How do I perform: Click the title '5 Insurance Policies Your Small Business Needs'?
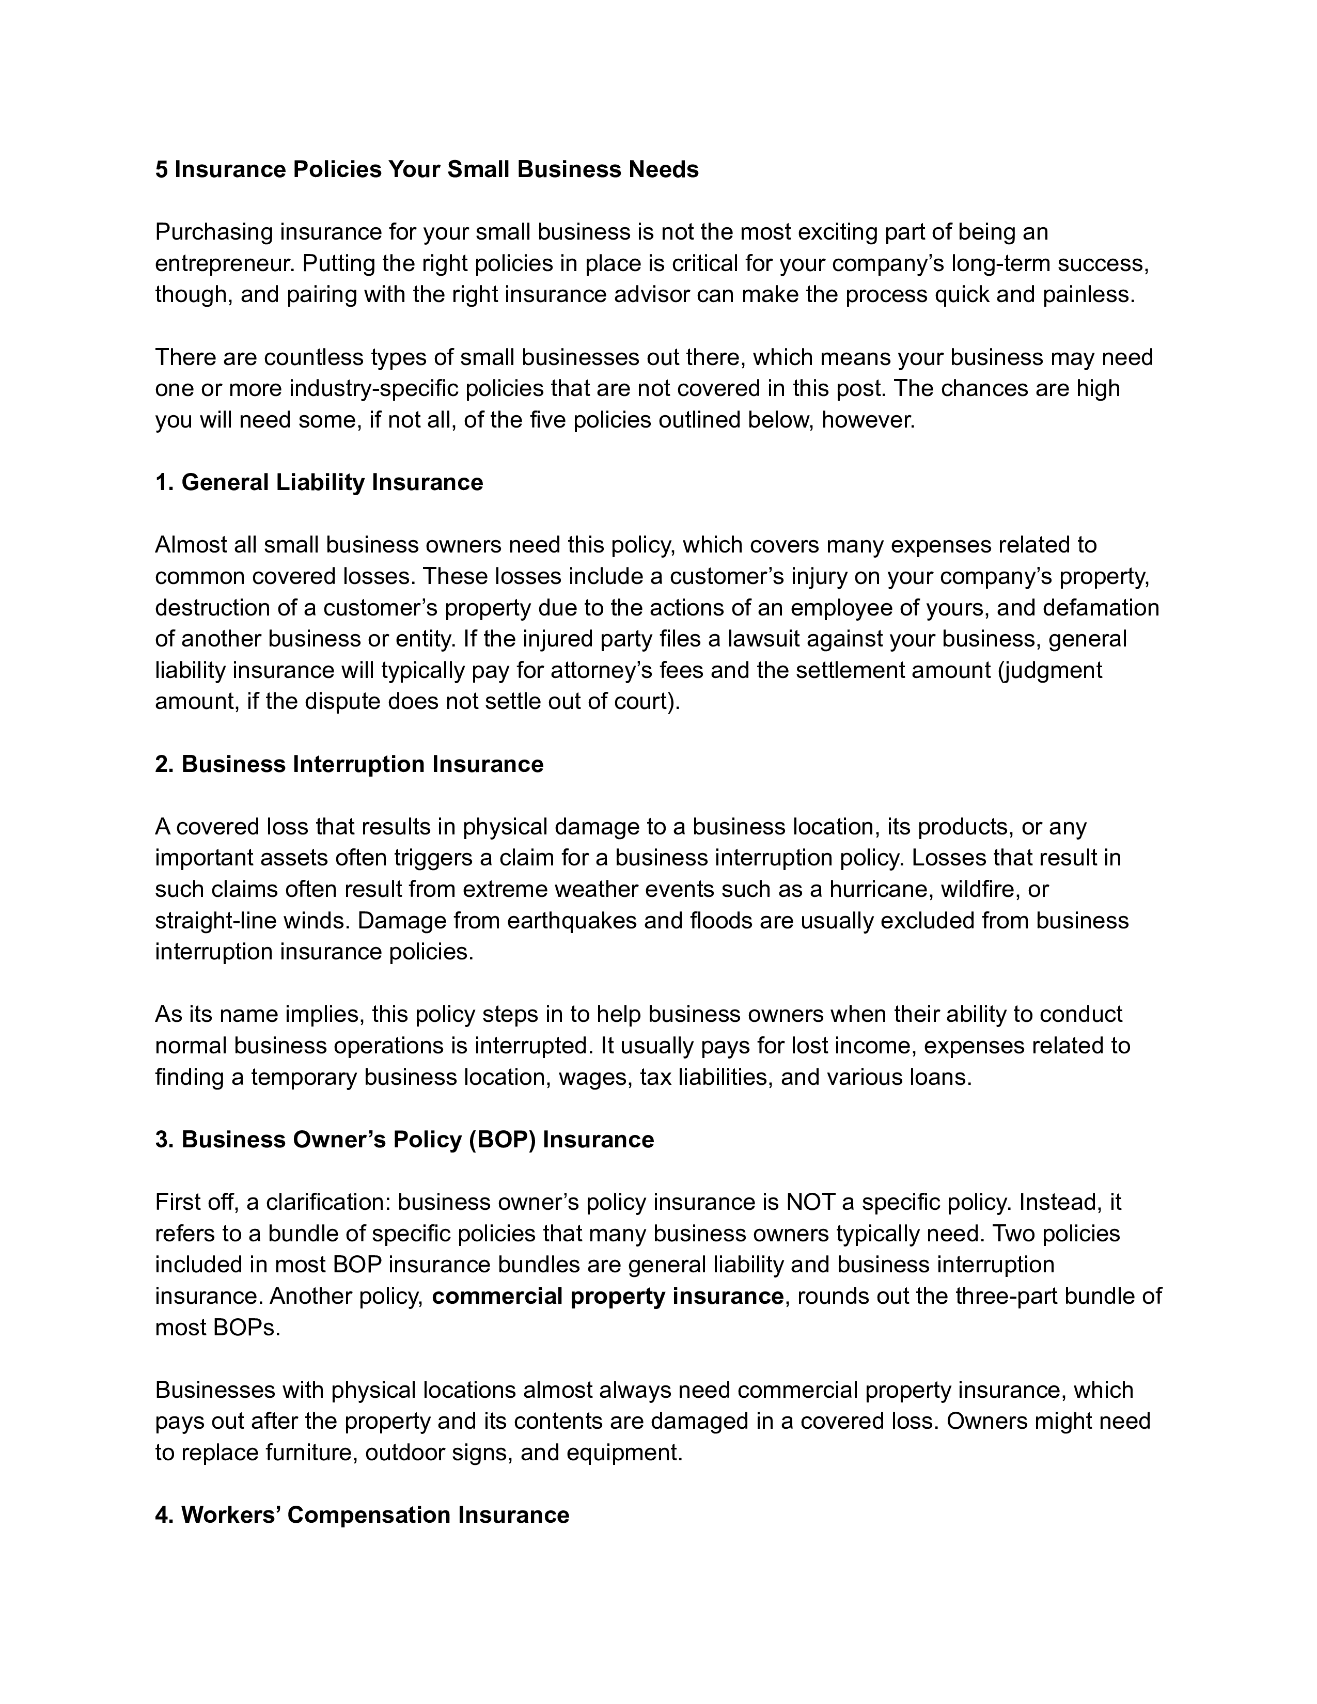coord(426,169)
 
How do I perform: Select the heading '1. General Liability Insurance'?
coord(319,482)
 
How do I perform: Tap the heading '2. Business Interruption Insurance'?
coord(349,764)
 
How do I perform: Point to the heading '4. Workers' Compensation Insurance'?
coord(362,1514)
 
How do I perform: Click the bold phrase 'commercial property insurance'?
coord(607,1296)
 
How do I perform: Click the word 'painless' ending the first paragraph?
coord(1088,295)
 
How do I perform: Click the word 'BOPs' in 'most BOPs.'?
coord(245,1327)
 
